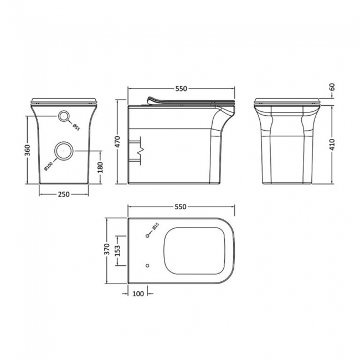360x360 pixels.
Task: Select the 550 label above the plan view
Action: [x=180, y=207]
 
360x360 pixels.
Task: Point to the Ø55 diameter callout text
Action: [x=76, y=126]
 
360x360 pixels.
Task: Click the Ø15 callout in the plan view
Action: [x=156, y=227]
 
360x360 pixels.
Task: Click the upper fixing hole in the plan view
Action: [x=147, y=236]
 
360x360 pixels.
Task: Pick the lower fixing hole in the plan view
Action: [x=147, y=265]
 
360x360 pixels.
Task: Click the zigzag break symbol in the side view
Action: [x=141, y=149]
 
